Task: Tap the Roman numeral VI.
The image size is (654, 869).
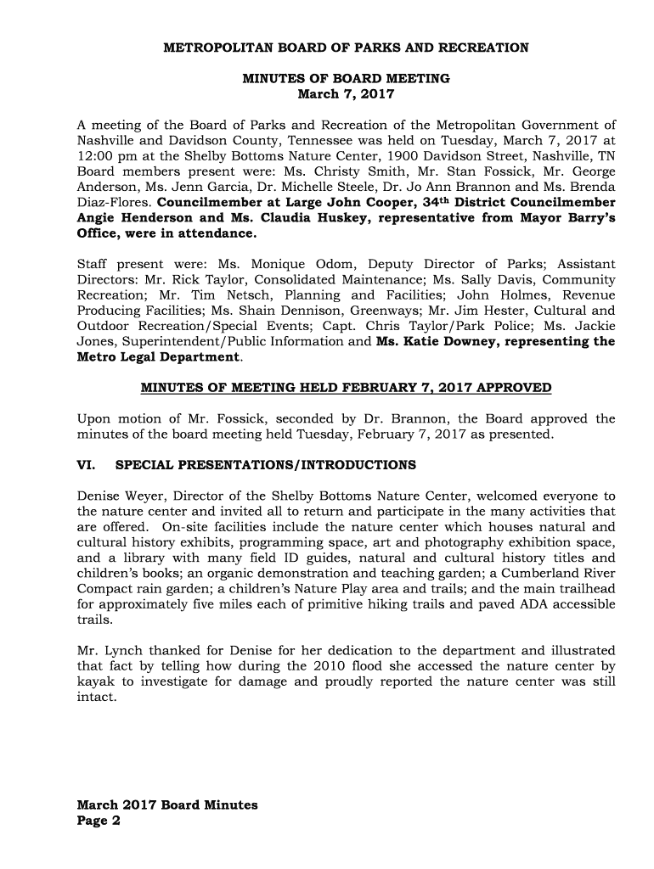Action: [85, 465]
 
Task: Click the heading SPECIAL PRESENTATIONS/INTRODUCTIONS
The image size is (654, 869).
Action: [265, 465]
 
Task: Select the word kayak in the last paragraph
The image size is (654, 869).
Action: [96, 681]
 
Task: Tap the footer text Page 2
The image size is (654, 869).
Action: [99, 821]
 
